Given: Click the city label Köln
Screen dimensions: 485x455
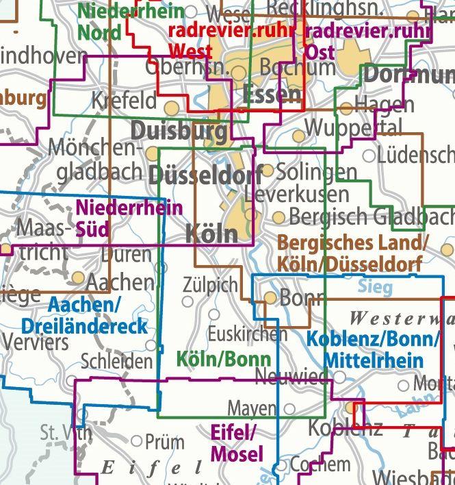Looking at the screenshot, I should click(211, 234).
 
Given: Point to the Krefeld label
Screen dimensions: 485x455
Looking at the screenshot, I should click(124, 101).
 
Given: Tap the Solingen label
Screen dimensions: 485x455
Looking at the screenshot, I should click(317, 171).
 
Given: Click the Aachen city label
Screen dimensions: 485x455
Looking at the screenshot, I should click(120, 281).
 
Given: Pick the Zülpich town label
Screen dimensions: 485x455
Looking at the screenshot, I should click(211, 284).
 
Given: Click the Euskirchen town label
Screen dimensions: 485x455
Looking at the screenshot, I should click(247, 334).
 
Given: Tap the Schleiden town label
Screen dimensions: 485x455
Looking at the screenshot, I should click(116, 361).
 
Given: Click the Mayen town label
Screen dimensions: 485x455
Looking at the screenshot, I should click(252, 408).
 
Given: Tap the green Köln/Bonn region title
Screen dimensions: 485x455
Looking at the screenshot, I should click(223, 358).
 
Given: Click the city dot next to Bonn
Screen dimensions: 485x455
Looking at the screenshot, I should click(271, 298).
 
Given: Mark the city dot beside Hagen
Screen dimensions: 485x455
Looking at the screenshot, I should click(346, 108).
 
